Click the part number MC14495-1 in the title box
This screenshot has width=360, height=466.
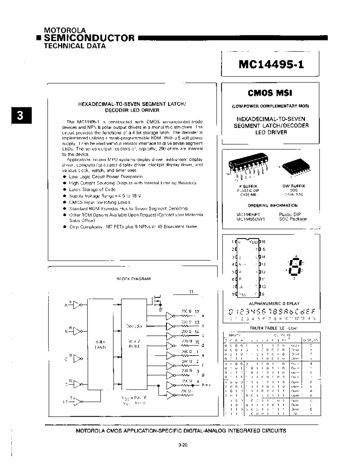(x=271, y=65)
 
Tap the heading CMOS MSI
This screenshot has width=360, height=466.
(x=270, y=93)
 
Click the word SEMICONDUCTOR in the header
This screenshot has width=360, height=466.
(x=89, y=38)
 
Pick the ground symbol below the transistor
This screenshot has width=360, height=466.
(x=160, y=308)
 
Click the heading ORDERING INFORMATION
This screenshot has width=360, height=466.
(x=272, y=206)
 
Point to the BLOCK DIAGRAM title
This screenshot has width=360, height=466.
(x=133, y=279)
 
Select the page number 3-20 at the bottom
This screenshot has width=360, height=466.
(x=182, y=445)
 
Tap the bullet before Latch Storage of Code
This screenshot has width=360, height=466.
(x=64, y=189)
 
